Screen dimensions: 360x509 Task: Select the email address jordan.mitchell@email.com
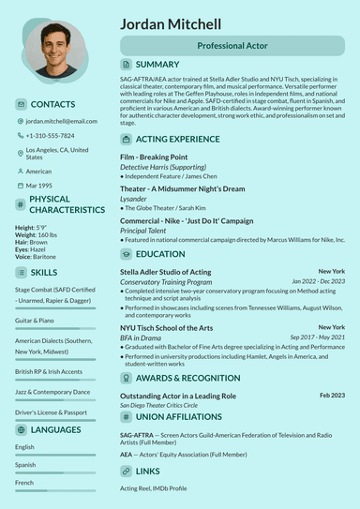click(61, 121)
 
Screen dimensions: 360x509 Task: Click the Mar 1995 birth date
click(39, 186)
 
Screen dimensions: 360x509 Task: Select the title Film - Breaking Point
click(154, 157)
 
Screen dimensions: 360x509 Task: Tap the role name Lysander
click(133, 199)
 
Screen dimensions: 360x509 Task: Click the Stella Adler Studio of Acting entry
click(165, 271)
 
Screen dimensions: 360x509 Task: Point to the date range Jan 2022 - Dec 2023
click(318, 281)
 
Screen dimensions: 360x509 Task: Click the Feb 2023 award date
click(332, 396)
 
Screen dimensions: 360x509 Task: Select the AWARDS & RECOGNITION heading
click(187, 378)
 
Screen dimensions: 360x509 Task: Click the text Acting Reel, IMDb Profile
click(153, 488)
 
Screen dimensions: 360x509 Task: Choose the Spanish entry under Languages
click(25, 465)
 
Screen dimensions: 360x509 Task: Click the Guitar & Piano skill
click(35, 321)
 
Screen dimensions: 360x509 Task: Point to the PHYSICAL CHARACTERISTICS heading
click(67, 204)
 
